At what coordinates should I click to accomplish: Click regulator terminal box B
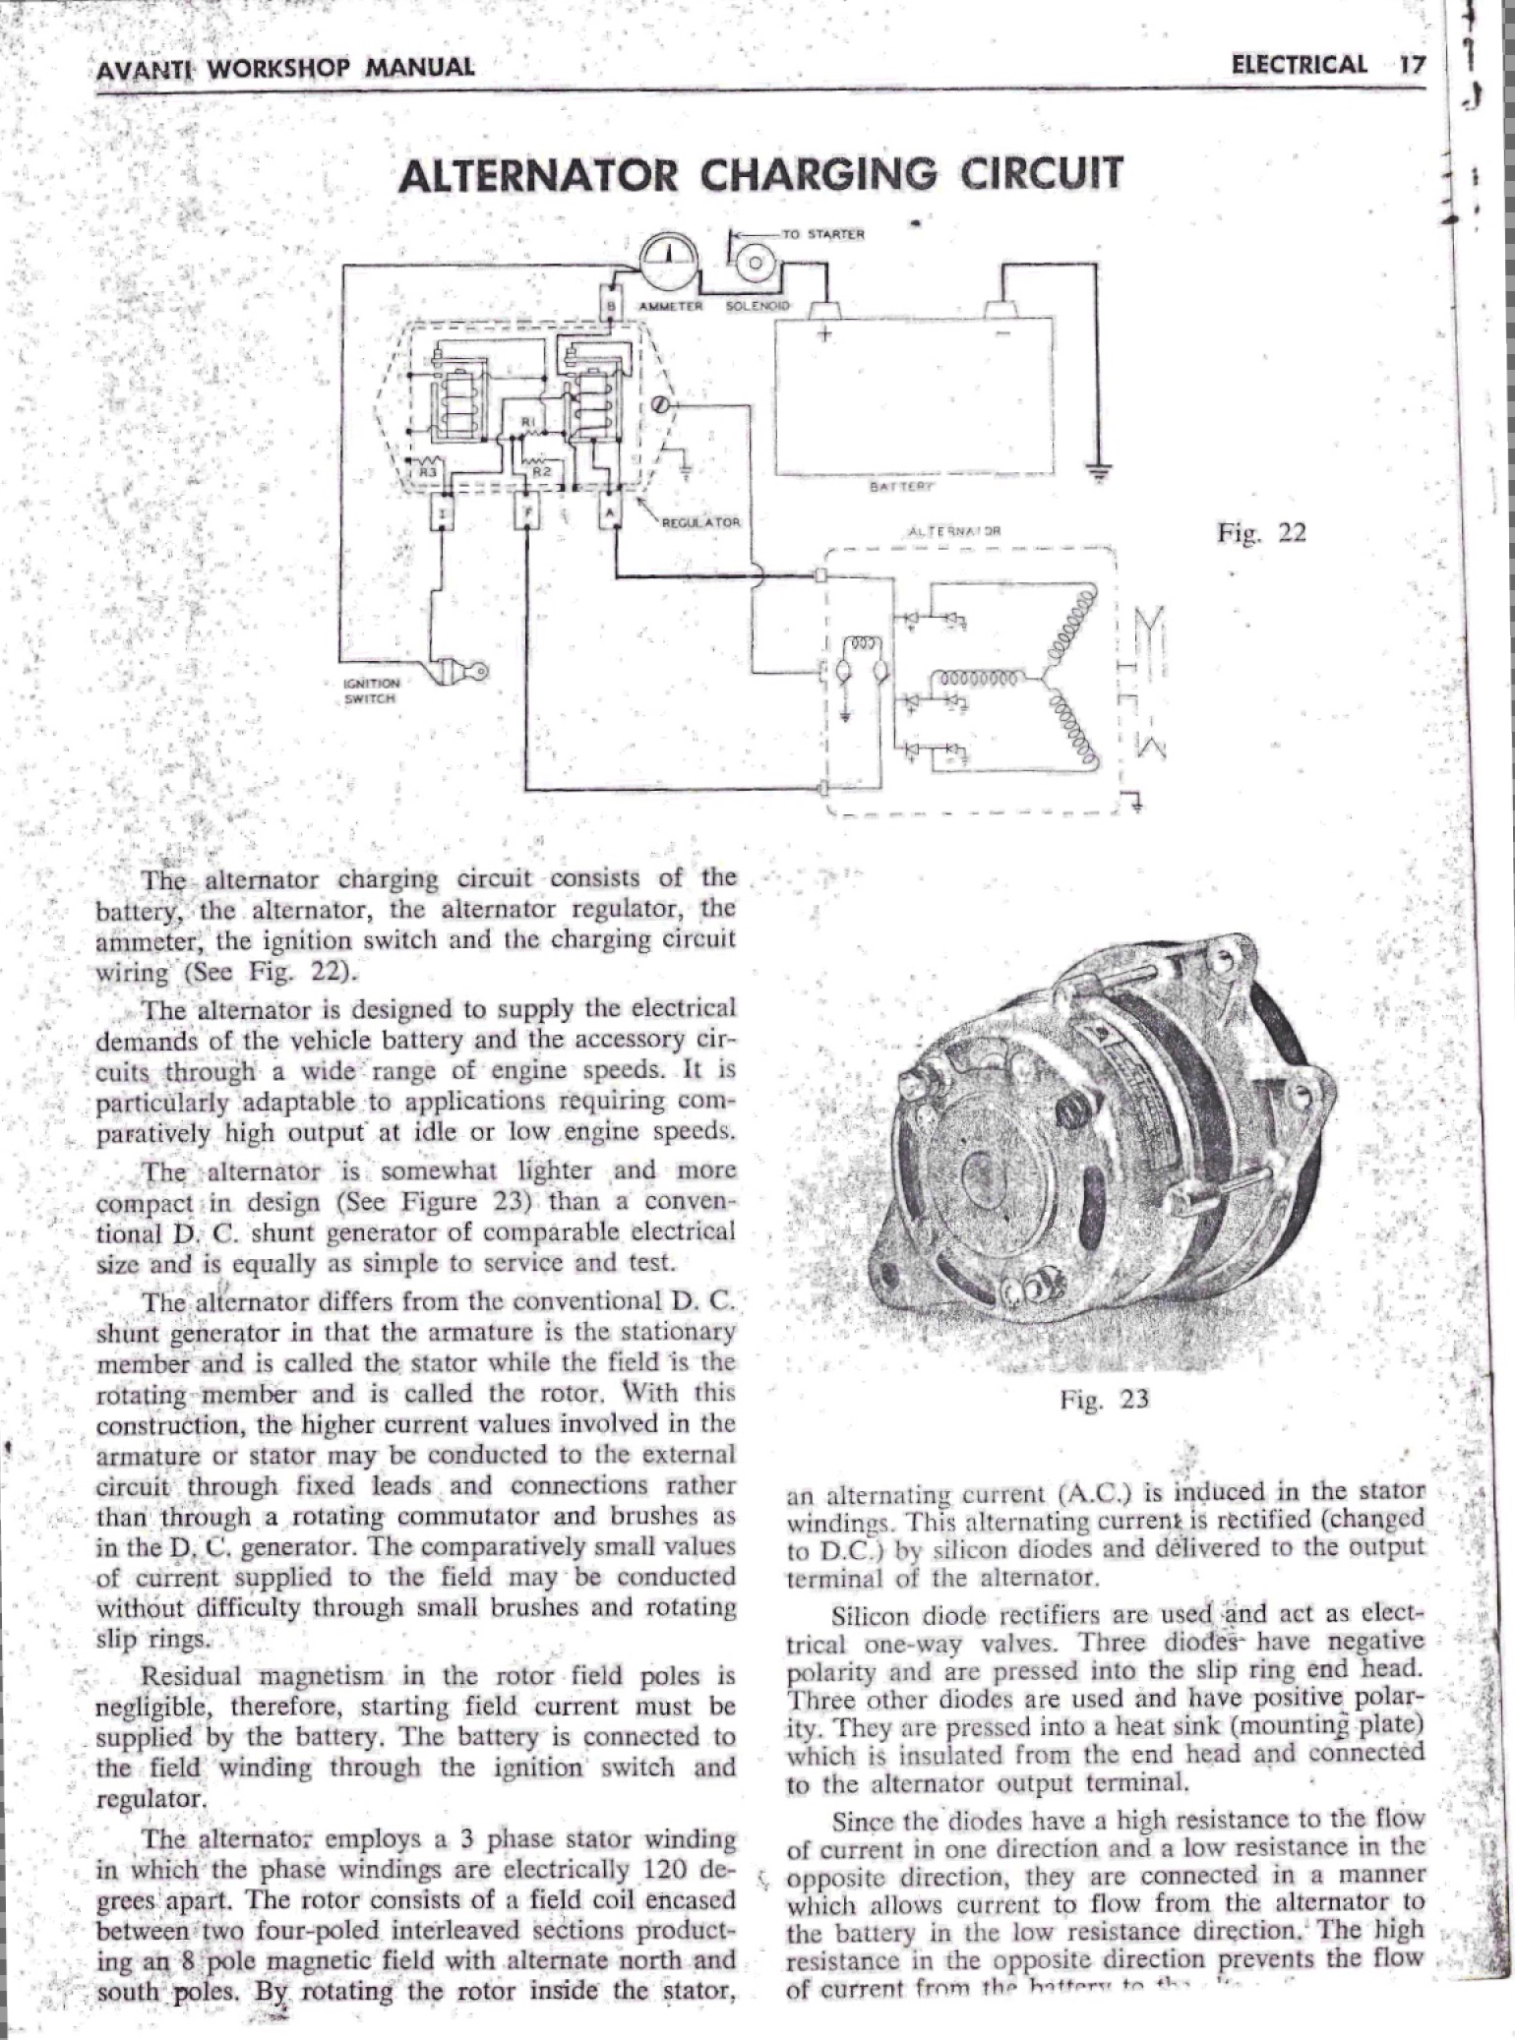tap(613, 304)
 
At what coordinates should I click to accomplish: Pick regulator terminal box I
tap(444, 513)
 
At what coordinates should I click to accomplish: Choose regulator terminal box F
tap(526, 513)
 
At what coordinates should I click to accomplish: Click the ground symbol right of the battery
tap(1099, 473)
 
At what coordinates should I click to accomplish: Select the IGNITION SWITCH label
tap(369, 690)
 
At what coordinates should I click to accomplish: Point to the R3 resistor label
tap(427, 472)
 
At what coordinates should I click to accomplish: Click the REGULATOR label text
tap(699, 522)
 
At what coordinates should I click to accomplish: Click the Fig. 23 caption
tap(1104, 1399)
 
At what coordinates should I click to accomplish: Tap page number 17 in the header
tap(1412, 65)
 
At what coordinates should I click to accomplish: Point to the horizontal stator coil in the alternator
tap(984, 678)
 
